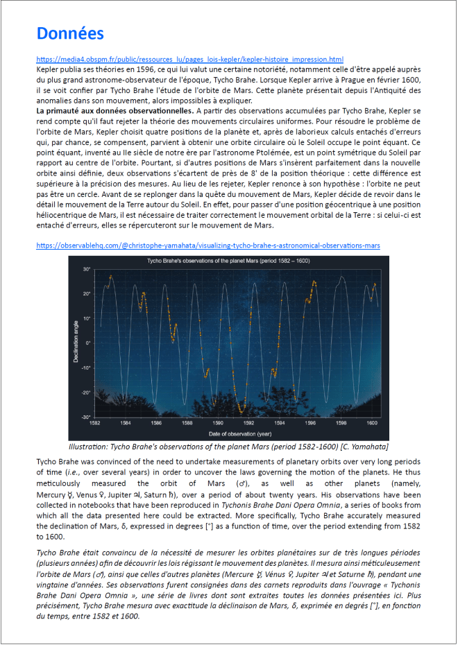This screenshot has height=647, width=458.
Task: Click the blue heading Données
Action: tap(70, 33)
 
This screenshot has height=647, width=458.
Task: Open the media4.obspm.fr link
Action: tap(189, 60)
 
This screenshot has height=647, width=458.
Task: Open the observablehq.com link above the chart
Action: tap(208, 245)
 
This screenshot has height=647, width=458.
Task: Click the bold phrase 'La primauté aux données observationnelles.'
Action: tap(114, 110)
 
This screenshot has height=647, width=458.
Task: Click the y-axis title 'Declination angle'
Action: tap(77, 341)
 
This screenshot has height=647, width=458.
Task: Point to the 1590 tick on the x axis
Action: tap(219, 422)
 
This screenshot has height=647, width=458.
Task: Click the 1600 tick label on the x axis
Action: tap(372, 422)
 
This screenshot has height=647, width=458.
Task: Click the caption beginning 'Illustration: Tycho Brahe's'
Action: tap(228, 446)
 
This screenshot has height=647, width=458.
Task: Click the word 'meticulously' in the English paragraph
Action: tap(61, 483)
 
